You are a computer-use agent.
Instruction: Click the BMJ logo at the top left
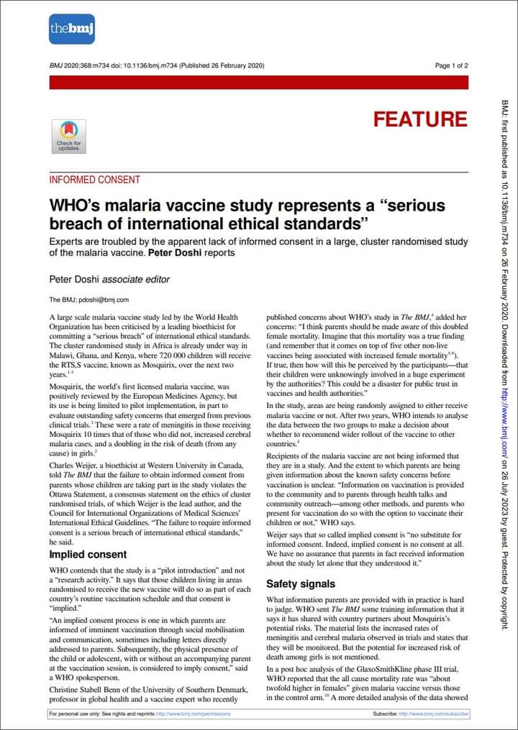click(72, 29)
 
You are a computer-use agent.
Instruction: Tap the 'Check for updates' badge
click(68, 136)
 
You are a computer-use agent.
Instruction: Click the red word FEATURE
click(420, 119)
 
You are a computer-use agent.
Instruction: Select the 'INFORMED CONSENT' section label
click(94, 180)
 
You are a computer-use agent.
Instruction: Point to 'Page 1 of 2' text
click(451, 65)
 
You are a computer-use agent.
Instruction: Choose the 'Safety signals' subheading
click(301, 584)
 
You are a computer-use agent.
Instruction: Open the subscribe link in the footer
click(434, 714)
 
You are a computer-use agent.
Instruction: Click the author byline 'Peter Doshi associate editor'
click(109, 279)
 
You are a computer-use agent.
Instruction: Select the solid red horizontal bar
click(258, 83)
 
